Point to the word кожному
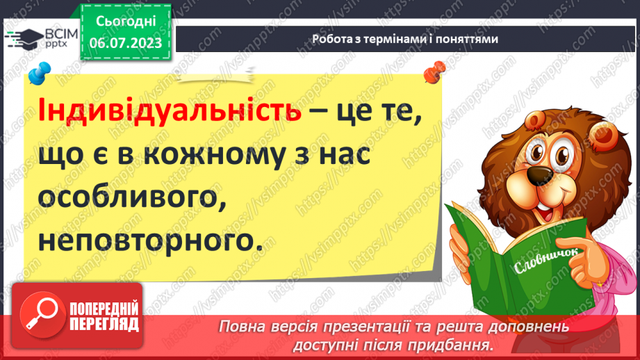[x=229, y=156]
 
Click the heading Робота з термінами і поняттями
[x=404, y=39]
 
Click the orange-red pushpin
[x=436, y=70]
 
